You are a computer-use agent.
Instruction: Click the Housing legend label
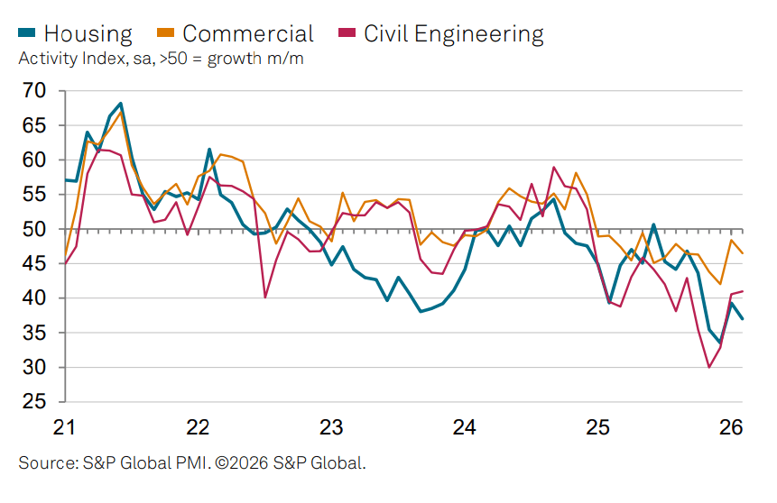pos(88,34)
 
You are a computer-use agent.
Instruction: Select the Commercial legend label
pos(248,34)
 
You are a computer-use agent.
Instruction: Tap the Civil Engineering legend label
pos(454,34)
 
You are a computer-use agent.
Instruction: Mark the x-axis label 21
pos(64,426)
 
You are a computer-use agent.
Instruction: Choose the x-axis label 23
pos(332,426)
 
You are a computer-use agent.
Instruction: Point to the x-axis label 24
pos(466,426)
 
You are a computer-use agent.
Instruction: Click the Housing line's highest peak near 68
pos(121,104)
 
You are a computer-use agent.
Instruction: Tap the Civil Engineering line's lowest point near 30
pos(709,367)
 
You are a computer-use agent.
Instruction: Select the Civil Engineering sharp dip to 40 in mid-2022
pos(265,297)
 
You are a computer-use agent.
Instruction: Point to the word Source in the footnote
pos(42,463)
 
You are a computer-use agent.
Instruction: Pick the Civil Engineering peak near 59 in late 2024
pos(554,167)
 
